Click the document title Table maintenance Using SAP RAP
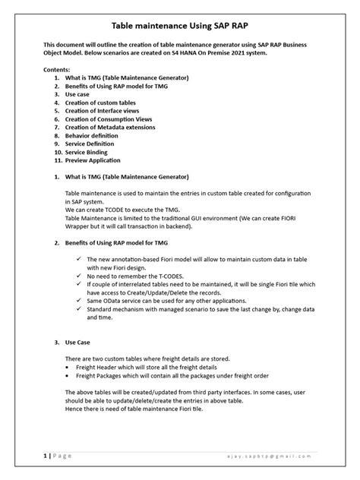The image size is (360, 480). pyautogui.click(x=180, y=25)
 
